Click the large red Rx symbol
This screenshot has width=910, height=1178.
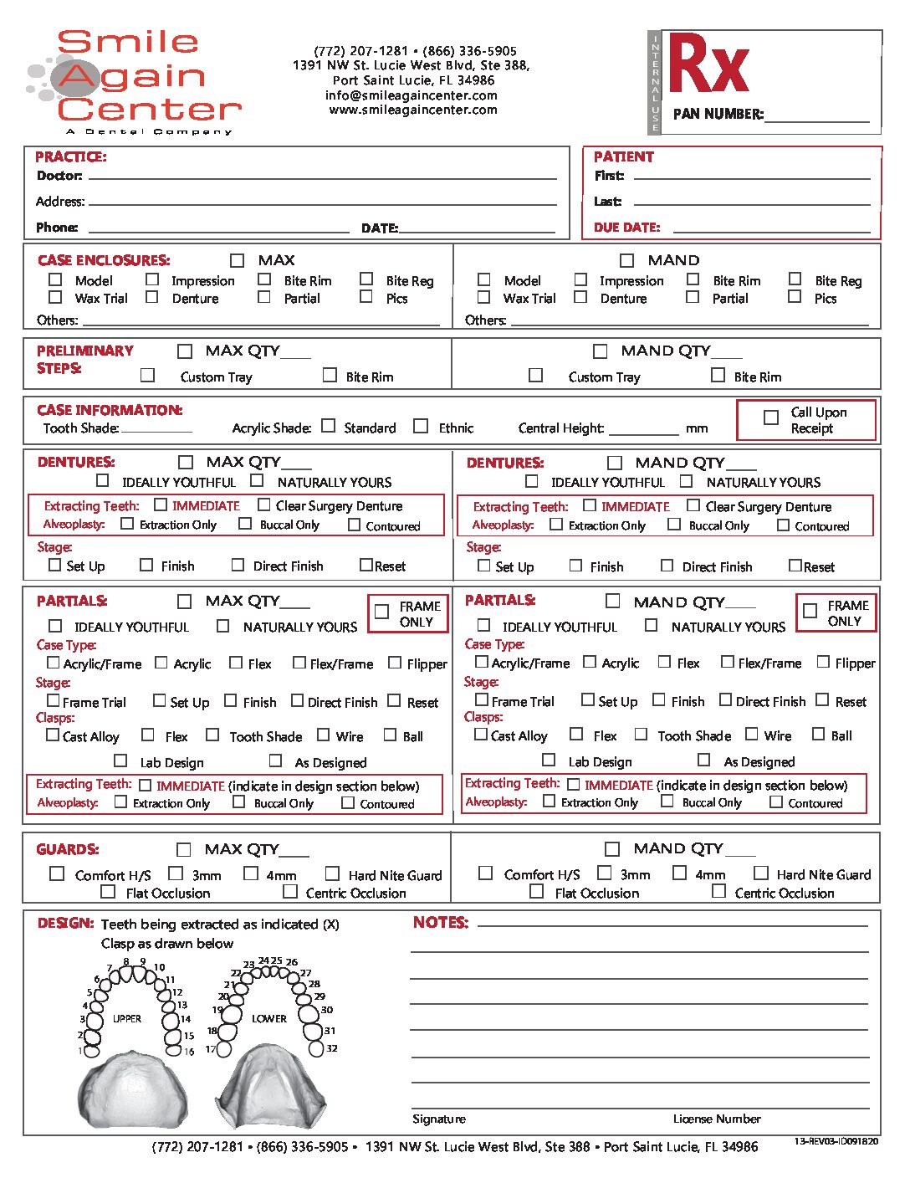coord(708,65)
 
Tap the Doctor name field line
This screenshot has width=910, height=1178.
coord(322,177)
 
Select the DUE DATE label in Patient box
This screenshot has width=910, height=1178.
coord(626,227)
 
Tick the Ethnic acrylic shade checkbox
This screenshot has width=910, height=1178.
coord(421,426)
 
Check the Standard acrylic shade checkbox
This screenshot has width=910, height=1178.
coord(329,426)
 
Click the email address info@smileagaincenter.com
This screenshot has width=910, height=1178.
coord(412,95)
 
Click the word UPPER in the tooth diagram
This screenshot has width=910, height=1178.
coord(127,1018)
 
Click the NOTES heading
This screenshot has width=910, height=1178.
coord(440,922)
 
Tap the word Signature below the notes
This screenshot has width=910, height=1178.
coord(439,1119)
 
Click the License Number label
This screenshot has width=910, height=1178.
coord(717,1119)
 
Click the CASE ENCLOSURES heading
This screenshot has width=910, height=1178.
coord(104,260)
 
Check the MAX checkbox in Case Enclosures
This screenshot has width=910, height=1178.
coord(238,260)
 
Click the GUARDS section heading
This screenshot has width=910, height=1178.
coord(68,849)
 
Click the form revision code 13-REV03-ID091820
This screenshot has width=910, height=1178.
coord(836,1141)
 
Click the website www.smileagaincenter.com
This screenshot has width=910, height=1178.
coord(413,110)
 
